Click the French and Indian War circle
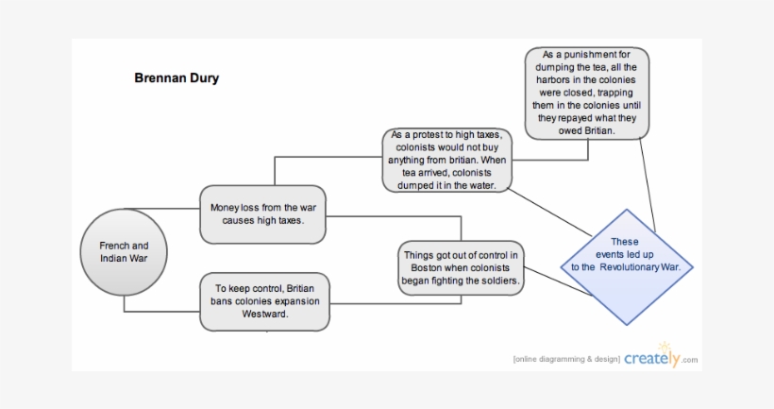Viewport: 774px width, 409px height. click(123, 251)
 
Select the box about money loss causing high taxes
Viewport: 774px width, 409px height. click(264, 213)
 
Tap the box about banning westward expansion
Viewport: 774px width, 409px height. click(264, 301)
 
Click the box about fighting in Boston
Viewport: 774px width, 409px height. click(461, 267)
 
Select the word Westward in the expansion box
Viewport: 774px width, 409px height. click(264, 315)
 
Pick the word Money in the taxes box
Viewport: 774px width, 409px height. click(227, 207)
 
